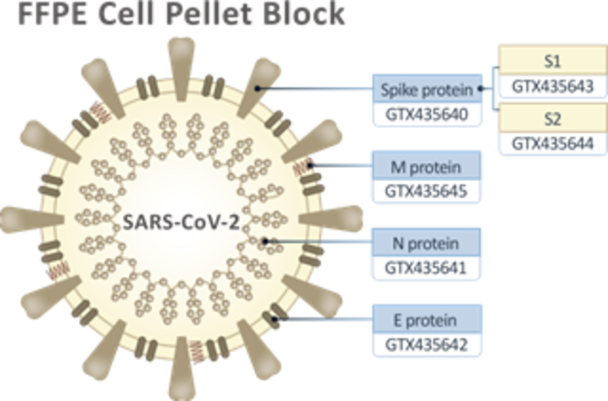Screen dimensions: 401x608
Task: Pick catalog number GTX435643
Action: [x=552, y=86]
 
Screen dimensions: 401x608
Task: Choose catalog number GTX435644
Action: [x=552, y=144]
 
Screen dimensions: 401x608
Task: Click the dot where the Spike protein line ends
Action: [x=258, y=89]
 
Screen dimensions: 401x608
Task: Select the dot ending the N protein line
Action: [x=265, y=240]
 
